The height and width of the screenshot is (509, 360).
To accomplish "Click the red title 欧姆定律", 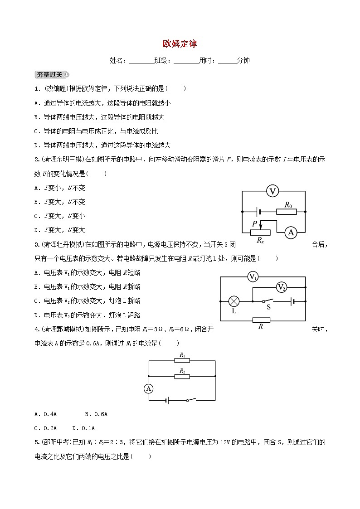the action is [x=180, y=44].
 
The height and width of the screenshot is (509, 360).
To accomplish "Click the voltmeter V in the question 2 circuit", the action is [x=272, y=192].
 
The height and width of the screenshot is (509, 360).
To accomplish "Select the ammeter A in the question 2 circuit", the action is [x=290, y=233].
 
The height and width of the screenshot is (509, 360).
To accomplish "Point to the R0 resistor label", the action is [x=287, y=205].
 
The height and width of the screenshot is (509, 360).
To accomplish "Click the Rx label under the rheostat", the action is [x=260, y=241].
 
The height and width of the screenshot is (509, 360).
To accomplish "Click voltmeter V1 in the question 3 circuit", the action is [x=253, y=277].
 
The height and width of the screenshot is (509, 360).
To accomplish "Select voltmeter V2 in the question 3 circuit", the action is [x=282, y=287].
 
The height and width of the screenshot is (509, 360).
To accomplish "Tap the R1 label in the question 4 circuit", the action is [x=182, y=355].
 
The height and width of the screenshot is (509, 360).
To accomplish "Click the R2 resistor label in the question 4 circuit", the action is [x=182, y=371].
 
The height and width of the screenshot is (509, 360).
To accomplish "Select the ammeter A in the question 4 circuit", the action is [x=148, y=388].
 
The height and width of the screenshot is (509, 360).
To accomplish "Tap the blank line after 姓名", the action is [x=141, y=61].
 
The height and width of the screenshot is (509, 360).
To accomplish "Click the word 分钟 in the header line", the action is [x=243, y=60].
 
